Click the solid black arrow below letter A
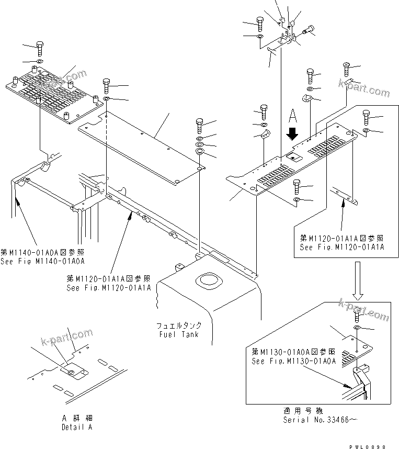click(x=292, y=135)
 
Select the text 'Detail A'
click(x=75, y=427)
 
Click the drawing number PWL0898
click(x=369, y=446)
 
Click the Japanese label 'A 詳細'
click(x=76, y=418)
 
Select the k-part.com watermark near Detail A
click(x=66, y=339)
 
